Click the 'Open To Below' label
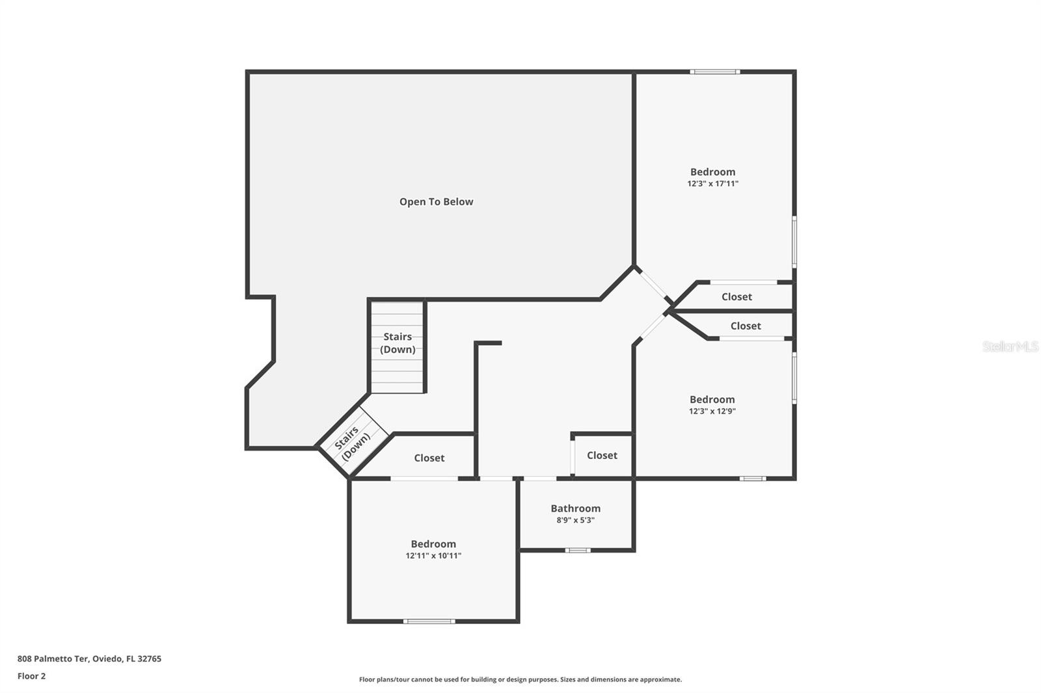click(436, 202)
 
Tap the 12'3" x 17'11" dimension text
click(712, 184)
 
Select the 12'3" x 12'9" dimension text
click(712, 411)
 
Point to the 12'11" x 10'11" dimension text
click(433, 556)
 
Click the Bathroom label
click(575, 508)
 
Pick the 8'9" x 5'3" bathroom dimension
click(575, 520)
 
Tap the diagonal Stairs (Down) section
click(352, 442)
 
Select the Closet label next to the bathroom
click(602, 455)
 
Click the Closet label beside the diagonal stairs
click(429, 458)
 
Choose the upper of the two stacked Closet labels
click(737, 296)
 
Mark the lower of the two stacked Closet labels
click(746, 326)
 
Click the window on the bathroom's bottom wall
click(577, 551)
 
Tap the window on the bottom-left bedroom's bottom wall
click(429, 621)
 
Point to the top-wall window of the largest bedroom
click(714, 72)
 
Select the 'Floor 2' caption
click(31, 676)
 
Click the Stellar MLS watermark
click(1010, 346)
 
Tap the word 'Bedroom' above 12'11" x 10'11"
click(433, 544)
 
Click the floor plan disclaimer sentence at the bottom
click(520, 679)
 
